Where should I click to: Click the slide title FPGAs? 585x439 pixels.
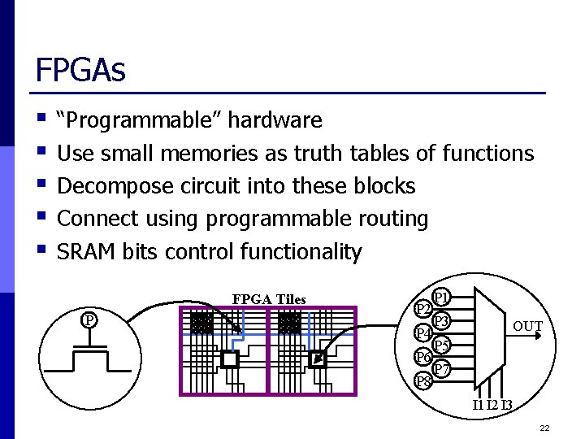tap(80, 70)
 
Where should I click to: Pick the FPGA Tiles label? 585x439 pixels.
tap(269, 299)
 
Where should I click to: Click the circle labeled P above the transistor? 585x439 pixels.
tap(90, 319)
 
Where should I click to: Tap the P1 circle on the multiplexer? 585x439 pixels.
tap(443, 297)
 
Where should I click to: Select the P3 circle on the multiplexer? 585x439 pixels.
tap(443, 321)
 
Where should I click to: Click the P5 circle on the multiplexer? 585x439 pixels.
tap(443, 346)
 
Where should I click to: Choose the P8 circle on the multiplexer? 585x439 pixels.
tap(423, 380)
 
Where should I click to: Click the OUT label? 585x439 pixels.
tap(527, 327)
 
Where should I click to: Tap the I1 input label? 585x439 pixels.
tap(478, 405)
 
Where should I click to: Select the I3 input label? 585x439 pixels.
tap(506, 405)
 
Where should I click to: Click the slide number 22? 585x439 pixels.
tap(544, 428)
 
